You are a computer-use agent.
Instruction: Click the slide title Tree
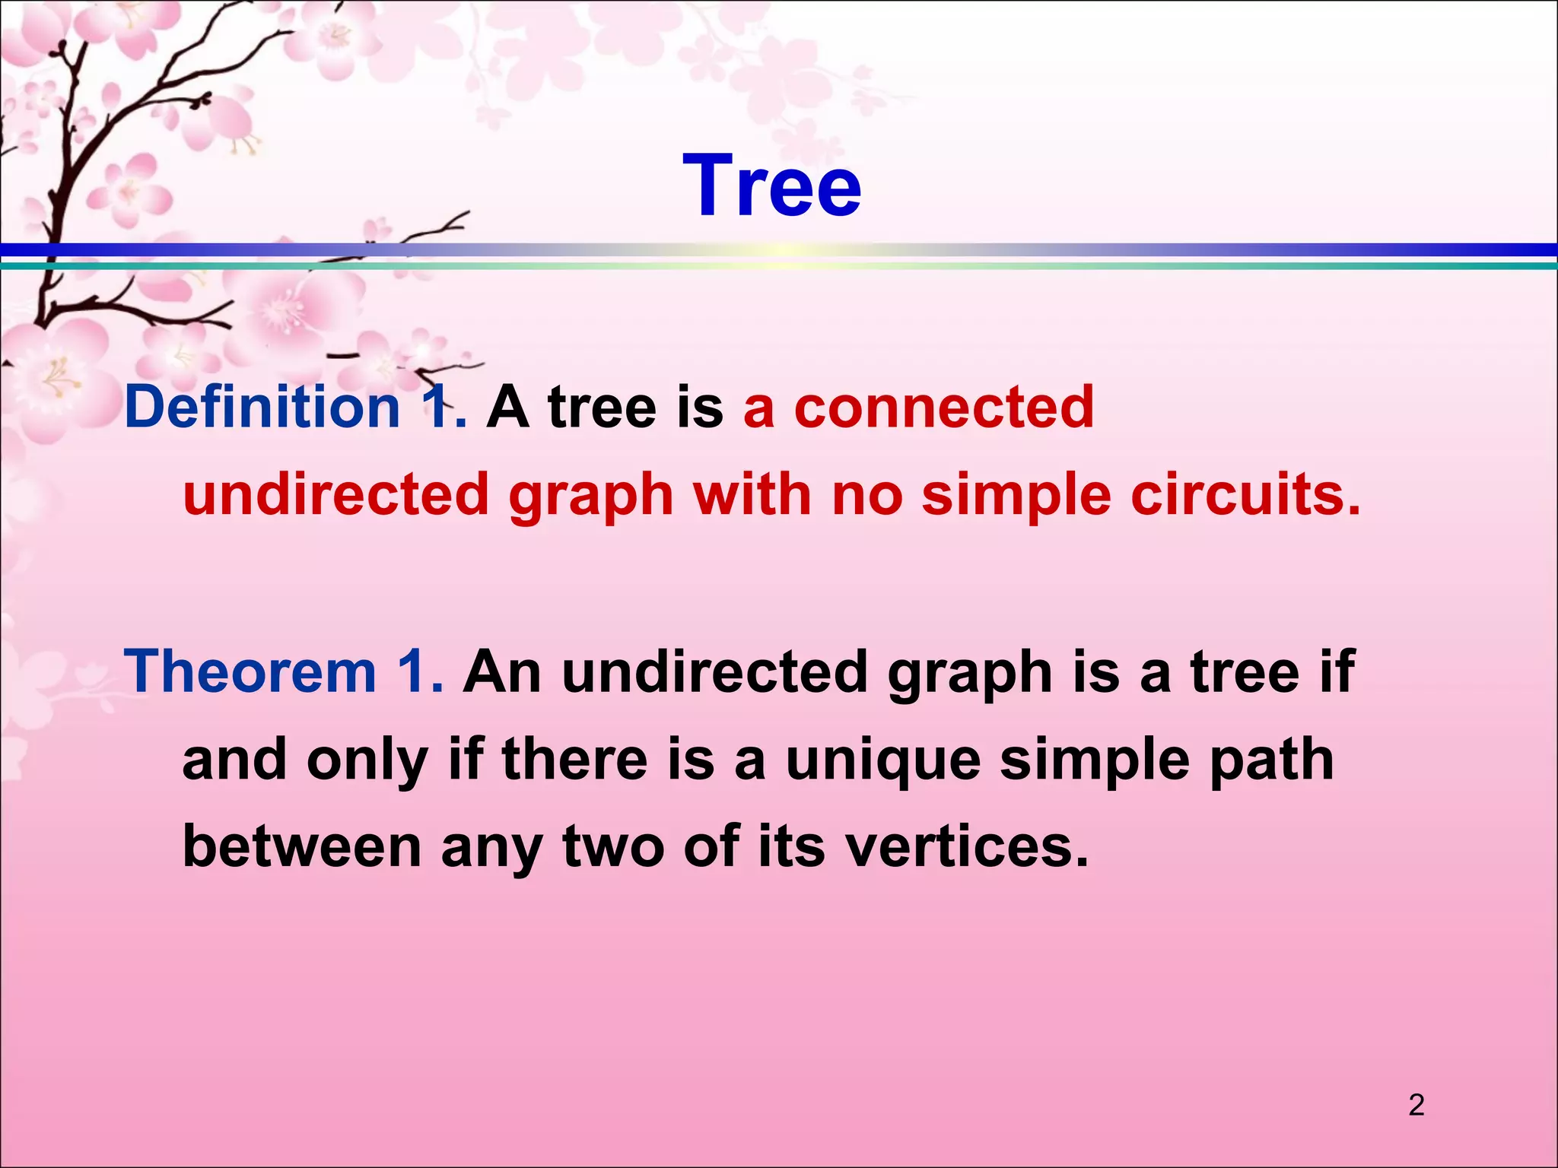pyautogui.click(x=771, y=186)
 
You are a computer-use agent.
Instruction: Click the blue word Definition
pyautogui.click(x=262, y=407)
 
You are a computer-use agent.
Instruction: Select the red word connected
pyautogui.click(x=943, y=407)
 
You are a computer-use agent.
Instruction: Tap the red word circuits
pyautogui.click(x=1245, y=494)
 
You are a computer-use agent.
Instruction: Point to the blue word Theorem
pyautogui.click(x=250, y=671)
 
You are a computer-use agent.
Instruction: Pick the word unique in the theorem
pyautogui.click(x=882, y=760)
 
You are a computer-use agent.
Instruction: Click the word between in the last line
pyautogui.click(x=302, y=847)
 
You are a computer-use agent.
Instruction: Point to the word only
pyautogui.click(x=367, y=760)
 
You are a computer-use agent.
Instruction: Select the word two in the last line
pyautogui.click(x=613, y=847)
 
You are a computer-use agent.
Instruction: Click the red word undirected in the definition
pyautogui.click(x=335, y=494)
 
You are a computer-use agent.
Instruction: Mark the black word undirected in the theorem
pyautogui.click(x=714, y=671)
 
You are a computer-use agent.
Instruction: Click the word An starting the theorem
pyautogui.click(x=502, y=671)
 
